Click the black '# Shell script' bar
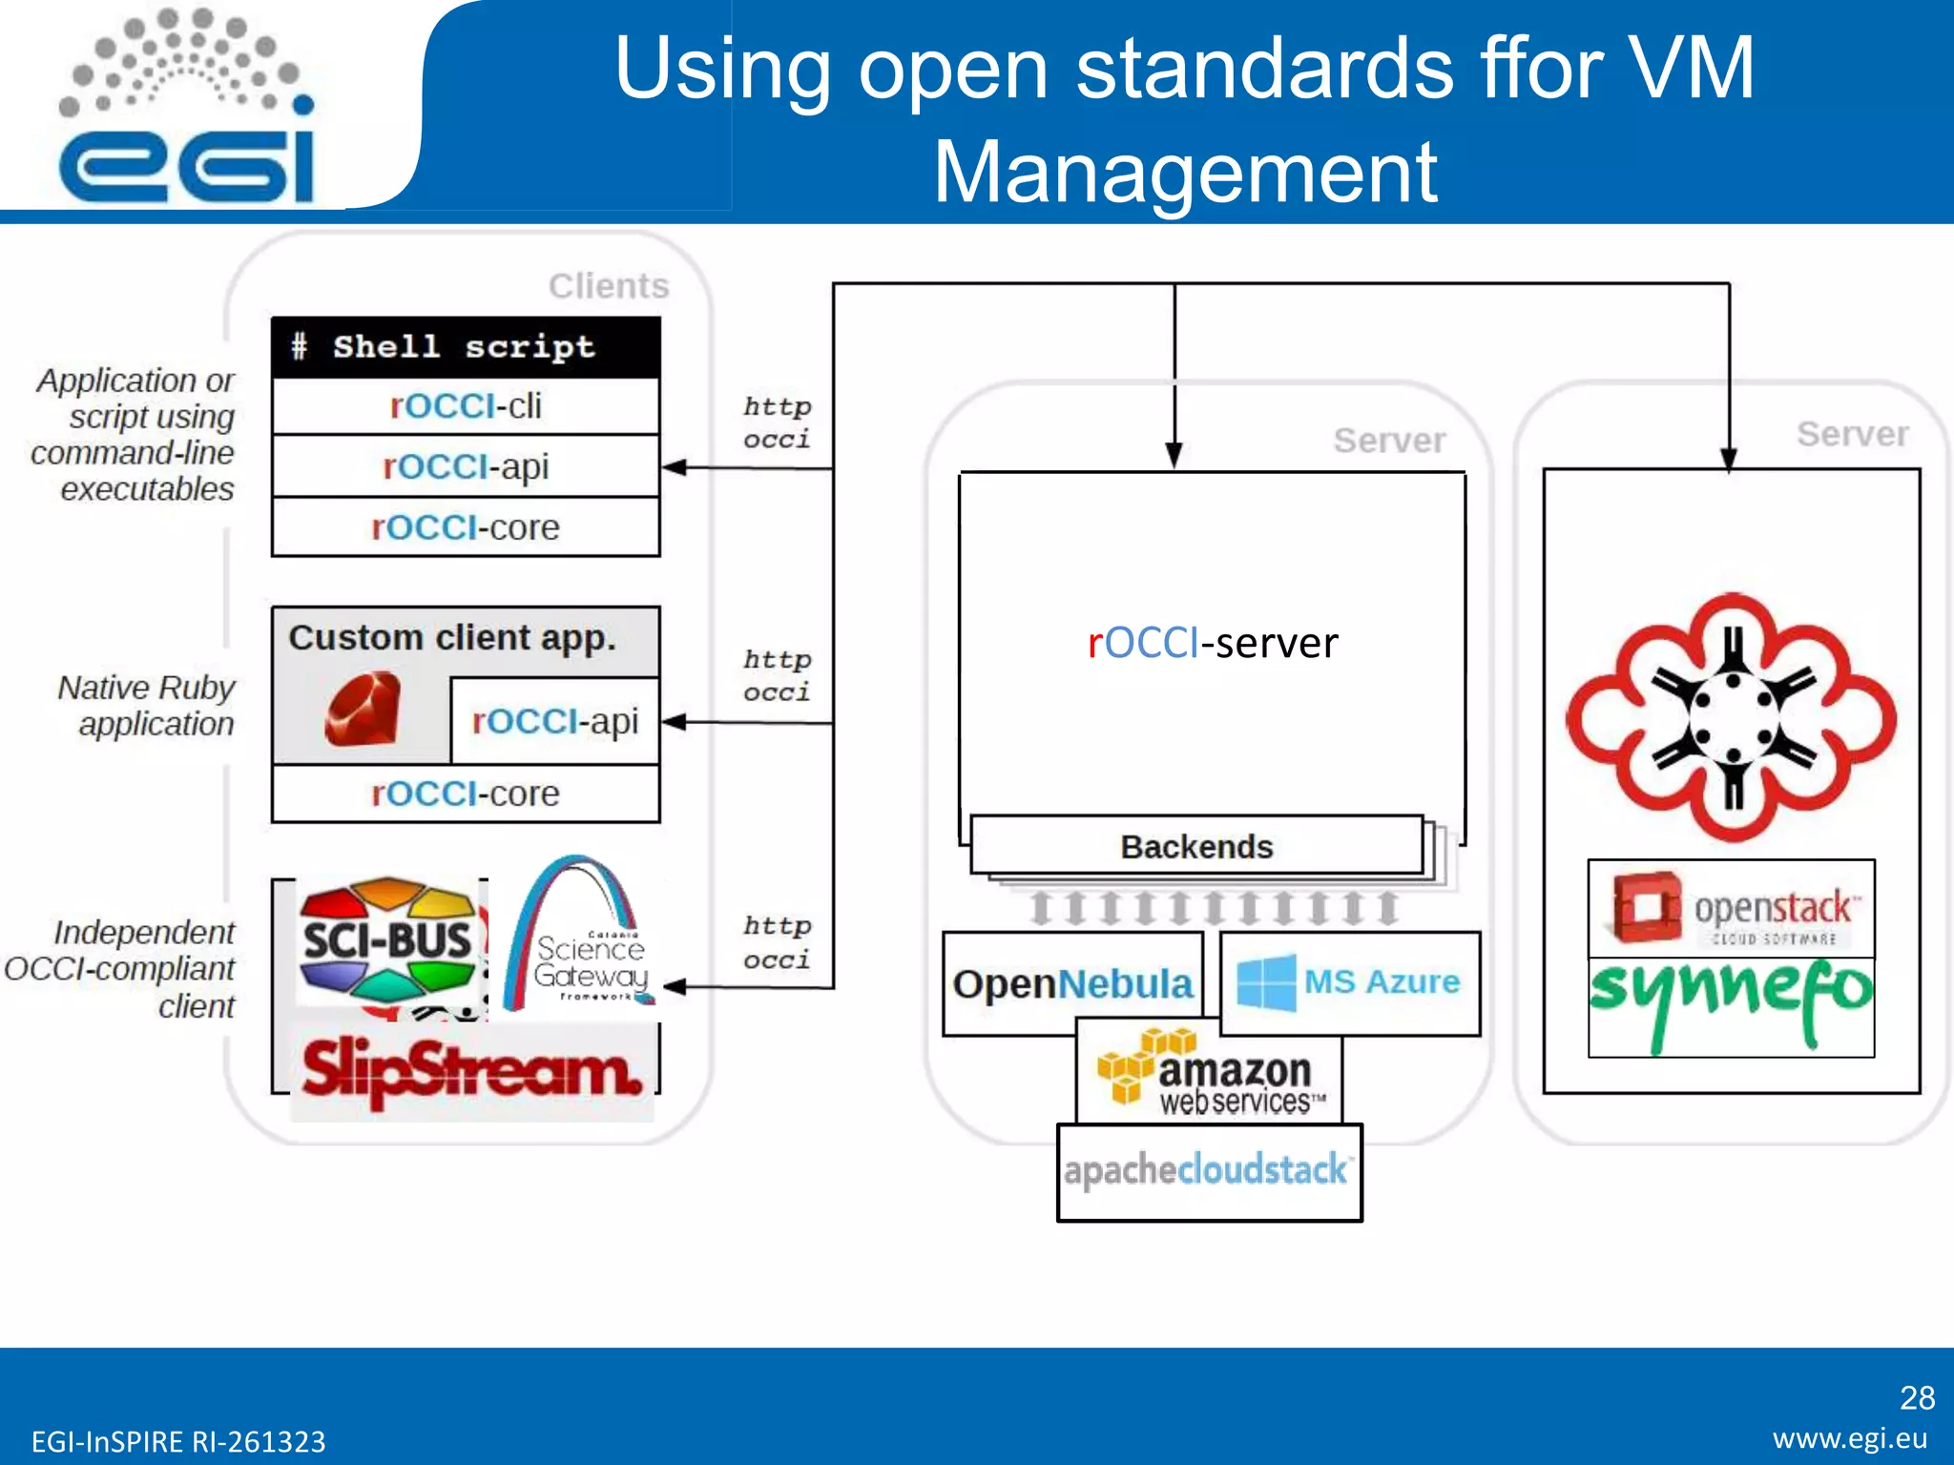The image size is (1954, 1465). pos(466,347)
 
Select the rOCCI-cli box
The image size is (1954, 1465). pos(466,406)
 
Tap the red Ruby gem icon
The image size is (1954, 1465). pos(363,709)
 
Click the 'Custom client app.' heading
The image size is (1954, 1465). pos(452,637)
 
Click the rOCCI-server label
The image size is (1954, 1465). pos(1213,643)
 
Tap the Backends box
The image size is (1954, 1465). pos(1196,846)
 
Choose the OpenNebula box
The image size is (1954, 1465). pos(1072,984)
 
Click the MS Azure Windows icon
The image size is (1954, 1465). pos(1265,981)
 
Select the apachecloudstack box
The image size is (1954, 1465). pos(1208,1171)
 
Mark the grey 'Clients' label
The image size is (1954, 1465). pos(609,286)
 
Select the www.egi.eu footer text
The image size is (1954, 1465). pos(1850,1438)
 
